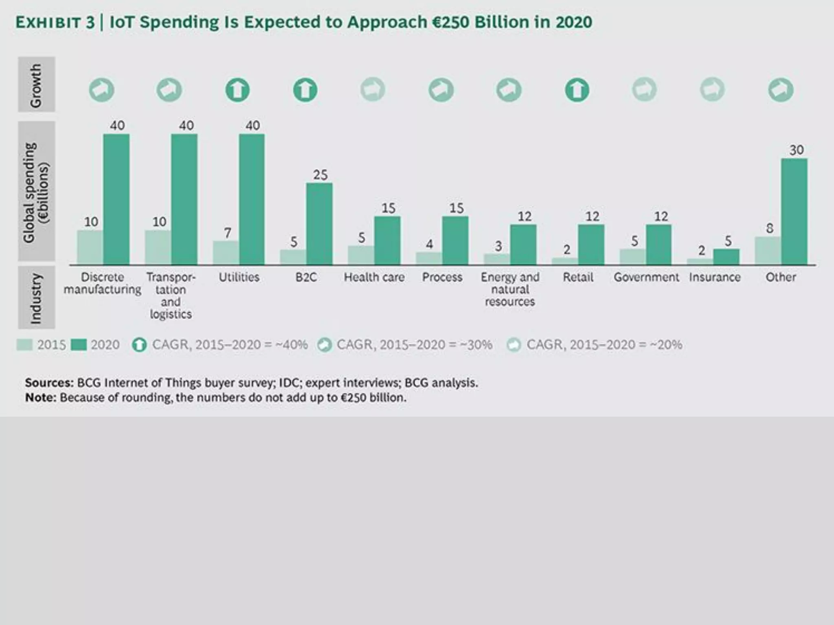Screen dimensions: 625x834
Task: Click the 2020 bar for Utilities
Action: pyautogui.click(x=252, y=199)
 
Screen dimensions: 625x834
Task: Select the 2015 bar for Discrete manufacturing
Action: pyautogui.click(x=90, y=247)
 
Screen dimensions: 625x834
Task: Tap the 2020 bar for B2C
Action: pyautogui.click(x=319, y=224)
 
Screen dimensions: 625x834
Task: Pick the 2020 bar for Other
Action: pyautogui.click(x=794, y=212)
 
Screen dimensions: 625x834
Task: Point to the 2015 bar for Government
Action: pyautogui.click(x=632, y=256)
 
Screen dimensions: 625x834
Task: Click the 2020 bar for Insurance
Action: pyautogui.click(x=726, y=257)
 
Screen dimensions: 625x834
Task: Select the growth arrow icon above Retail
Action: pyautogui.click(x=577, y=90)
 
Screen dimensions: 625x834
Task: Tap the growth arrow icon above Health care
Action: pyautogui.click(x=373, y=90)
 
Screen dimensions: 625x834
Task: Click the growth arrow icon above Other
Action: pyautogui.click(x=781, y=90)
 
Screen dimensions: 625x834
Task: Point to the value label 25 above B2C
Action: pyautogui.click(x=320, y=175)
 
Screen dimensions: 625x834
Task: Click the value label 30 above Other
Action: pyautogui.click(x=797, y=150)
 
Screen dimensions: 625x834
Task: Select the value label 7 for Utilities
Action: pyautogui.click(x=228, y=233)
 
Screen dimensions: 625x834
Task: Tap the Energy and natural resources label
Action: pyautogui.click(x=510, y=289)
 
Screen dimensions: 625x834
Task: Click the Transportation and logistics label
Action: pyautogui.click(x=171, y=295)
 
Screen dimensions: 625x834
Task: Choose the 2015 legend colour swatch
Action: pyautogui.click(x=24, y=345)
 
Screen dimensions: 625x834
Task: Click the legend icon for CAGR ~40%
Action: pyautogui.click(x=139, y=345)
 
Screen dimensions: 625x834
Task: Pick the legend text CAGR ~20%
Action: pyautogui.click(x=604, y=345)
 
